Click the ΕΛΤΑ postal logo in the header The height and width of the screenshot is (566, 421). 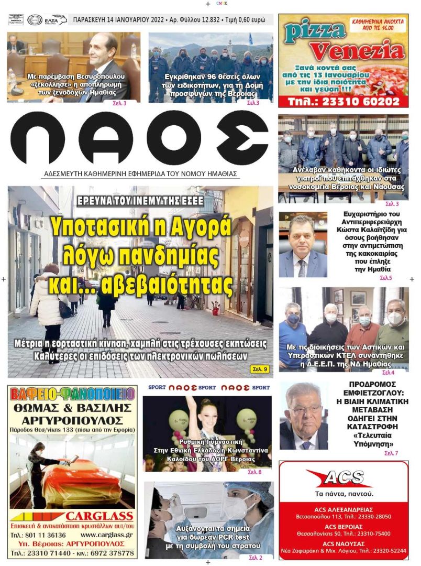coord(56,20)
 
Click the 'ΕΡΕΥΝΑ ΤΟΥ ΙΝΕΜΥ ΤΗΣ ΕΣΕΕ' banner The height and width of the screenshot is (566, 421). coord(140,201)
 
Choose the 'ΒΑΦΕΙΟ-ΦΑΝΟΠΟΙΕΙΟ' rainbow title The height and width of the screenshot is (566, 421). coord(72,393)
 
